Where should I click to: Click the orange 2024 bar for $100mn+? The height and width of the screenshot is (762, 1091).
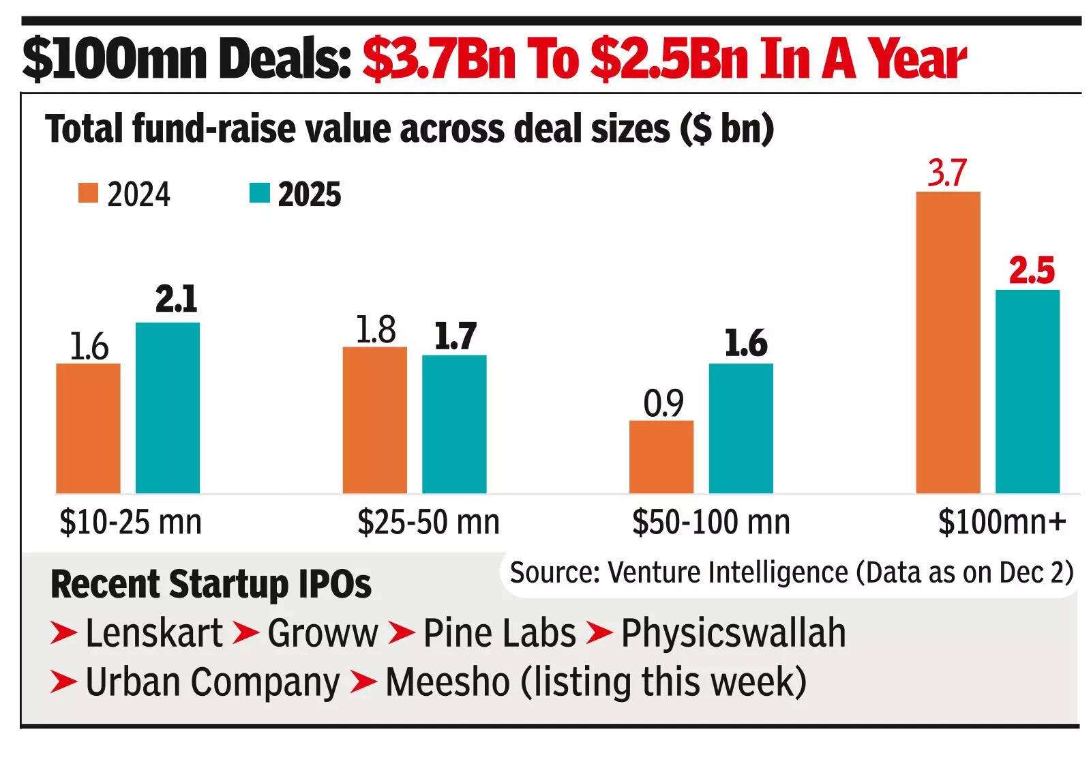pos(947,342)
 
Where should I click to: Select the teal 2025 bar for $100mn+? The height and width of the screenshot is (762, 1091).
pos(1027,391)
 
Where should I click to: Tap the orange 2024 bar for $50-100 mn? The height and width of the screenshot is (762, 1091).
pos(661,456)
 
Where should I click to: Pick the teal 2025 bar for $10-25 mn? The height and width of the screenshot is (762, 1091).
pos(167,407)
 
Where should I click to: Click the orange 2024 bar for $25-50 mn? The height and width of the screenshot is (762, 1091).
pos(374,420)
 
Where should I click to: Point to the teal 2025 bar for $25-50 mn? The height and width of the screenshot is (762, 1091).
pos(454,424)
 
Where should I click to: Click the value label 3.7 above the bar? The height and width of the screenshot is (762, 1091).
pos(946,173)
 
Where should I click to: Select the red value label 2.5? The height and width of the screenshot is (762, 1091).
pos(1031,271)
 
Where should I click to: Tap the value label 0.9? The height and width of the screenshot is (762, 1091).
pos(663,404)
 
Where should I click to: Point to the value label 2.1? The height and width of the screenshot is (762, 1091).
pos(176,299)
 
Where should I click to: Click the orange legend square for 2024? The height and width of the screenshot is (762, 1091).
pos(89,194)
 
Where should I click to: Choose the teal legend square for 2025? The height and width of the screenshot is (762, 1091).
pos(260,194)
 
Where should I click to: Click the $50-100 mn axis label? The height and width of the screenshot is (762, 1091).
pos(711,523)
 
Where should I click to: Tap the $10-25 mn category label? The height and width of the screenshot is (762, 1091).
pos(131,523)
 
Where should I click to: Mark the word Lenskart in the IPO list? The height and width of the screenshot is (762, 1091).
pos(153,633)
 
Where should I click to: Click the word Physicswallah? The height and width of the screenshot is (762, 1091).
pos(733,633)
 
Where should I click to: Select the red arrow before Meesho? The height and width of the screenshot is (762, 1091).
pos(363,682)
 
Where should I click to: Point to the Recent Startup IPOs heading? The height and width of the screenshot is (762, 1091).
pos(211,585)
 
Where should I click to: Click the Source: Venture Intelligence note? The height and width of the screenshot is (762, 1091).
pos(791,572)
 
